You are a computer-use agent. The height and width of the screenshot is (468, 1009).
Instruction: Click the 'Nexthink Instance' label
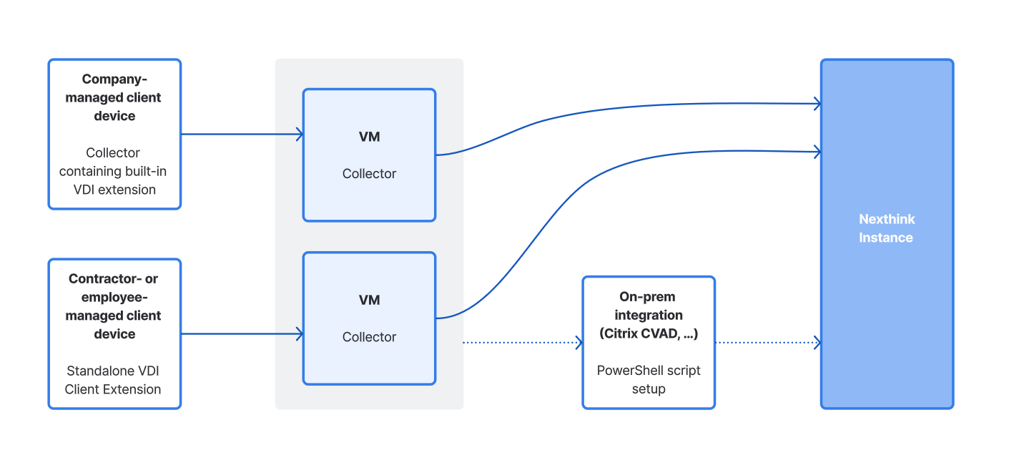click(x=886, y=228)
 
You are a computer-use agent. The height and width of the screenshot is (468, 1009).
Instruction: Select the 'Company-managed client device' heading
click(x=114, y=97)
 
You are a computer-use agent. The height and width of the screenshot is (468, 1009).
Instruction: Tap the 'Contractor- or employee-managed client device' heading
click(x=114, y=306)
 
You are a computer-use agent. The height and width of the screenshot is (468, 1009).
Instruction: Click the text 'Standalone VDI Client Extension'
click(x=113, y=380)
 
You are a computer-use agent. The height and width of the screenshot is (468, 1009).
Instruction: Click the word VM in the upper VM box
click(x=369, y=137)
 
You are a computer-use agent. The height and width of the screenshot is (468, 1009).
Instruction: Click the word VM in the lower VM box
click(x=369, y=300)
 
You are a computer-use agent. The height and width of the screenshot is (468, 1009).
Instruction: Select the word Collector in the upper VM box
click(x=369, y=173)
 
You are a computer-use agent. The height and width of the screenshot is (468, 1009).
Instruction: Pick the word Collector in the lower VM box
click(x=369, y=336)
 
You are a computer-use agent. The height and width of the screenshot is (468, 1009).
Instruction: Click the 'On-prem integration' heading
click(x=649, y=306)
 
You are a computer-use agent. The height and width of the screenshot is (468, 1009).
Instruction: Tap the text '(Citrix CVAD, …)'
click(x=649, y=333)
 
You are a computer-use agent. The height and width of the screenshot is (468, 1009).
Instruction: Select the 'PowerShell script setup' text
click(x=649, y=379)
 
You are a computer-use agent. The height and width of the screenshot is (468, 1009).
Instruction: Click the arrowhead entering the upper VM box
click(x=300, y=134)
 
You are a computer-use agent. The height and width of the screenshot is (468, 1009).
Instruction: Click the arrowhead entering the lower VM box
click(x=300, y=333)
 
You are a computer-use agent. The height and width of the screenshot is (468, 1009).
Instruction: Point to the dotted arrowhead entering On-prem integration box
click(x=579, y=343)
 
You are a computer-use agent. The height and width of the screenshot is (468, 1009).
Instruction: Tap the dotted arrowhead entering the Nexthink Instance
click(x=817, y=343)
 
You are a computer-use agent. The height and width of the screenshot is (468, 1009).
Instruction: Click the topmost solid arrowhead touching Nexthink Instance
click(x=817, y=104)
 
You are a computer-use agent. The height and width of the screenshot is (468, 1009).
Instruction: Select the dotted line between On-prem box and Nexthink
click(x=765, y=343)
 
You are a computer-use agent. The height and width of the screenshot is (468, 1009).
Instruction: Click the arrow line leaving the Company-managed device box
click(x=240, y=134)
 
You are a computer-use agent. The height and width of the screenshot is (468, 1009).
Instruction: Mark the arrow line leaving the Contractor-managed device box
click(x=240, y=333)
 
